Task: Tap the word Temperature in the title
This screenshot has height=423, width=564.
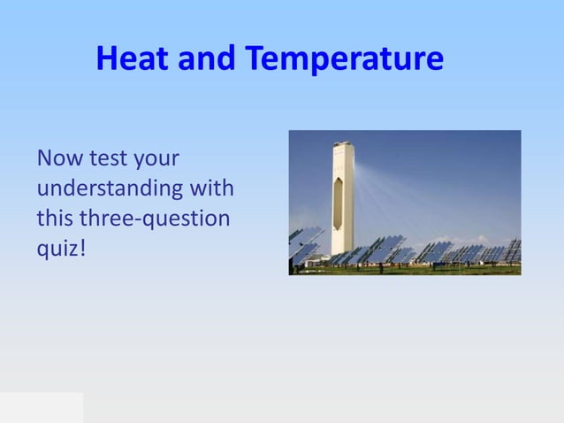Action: pos(344,59)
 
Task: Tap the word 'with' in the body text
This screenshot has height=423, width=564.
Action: pos(211,188)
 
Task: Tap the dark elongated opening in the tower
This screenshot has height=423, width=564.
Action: pos(337,199)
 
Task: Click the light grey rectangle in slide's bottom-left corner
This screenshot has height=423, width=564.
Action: pos(42,407)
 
